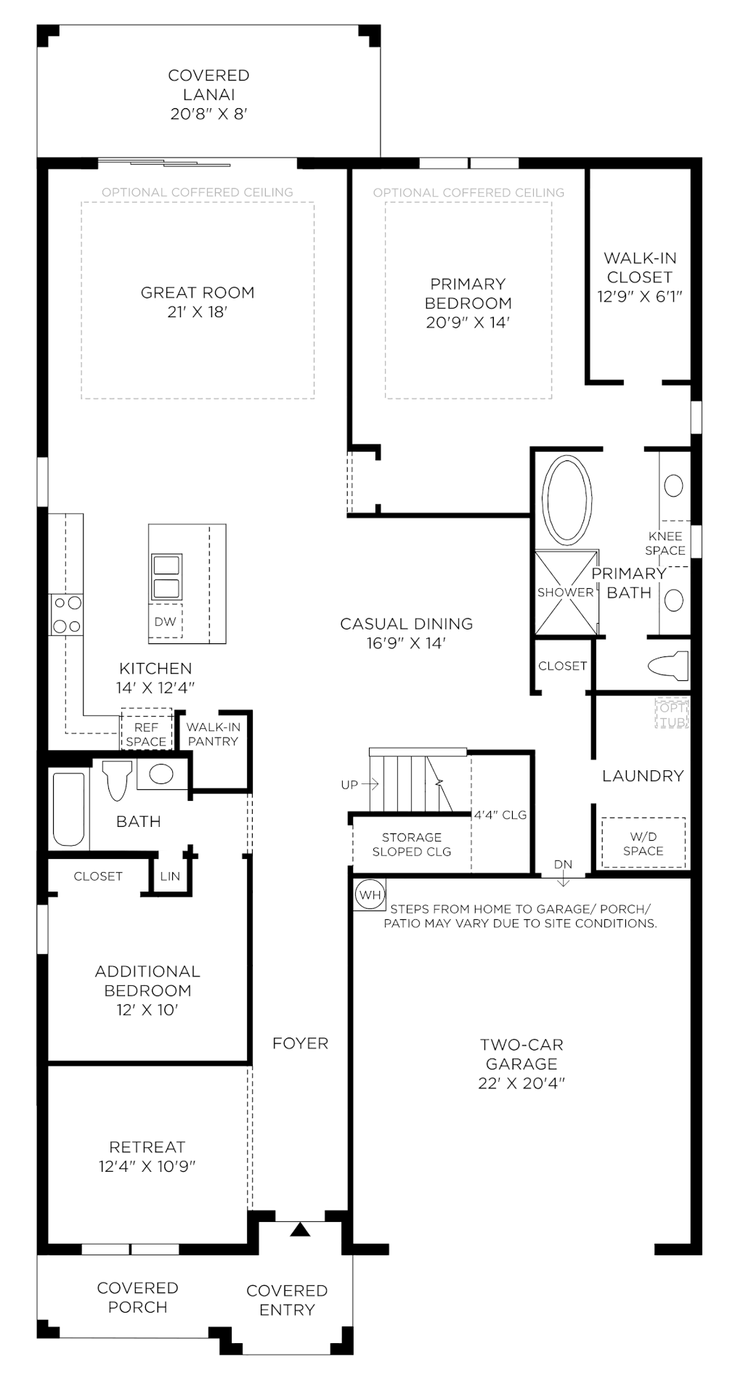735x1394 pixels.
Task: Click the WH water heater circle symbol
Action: (x=370, y=894)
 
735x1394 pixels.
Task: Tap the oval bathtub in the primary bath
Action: (x=568, y=500)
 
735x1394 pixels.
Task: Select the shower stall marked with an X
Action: (x=566, y=592)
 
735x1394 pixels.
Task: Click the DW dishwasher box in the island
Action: (x=166, y=621)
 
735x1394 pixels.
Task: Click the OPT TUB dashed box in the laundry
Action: (x=671, y=714)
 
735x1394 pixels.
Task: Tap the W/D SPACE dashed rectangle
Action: (x=643, y=843)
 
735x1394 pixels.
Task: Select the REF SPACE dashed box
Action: (x=146, y=733)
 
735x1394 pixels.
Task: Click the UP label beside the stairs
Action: (x=349, y=784)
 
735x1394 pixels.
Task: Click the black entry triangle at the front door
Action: (x=300, y=1229)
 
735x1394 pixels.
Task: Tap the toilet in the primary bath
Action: (x=667, y=665)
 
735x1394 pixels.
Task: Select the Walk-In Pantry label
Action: (x=213, y=733)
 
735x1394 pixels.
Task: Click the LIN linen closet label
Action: (x=170, y=876)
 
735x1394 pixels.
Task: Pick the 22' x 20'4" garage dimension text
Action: (x=521, y=1083)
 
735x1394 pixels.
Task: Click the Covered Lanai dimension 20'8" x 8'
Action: (x=209, y=113)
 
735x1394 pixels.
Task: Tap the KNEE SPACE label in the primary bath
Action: (x=665, y=543)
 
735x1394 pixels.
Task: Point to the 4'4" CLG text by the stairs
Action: (x=500, y=815)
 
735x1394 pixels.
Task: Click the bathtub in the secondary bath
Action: (x=68, y=809)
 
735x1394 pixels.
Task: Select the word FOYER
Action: (x=300, y=1043)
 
